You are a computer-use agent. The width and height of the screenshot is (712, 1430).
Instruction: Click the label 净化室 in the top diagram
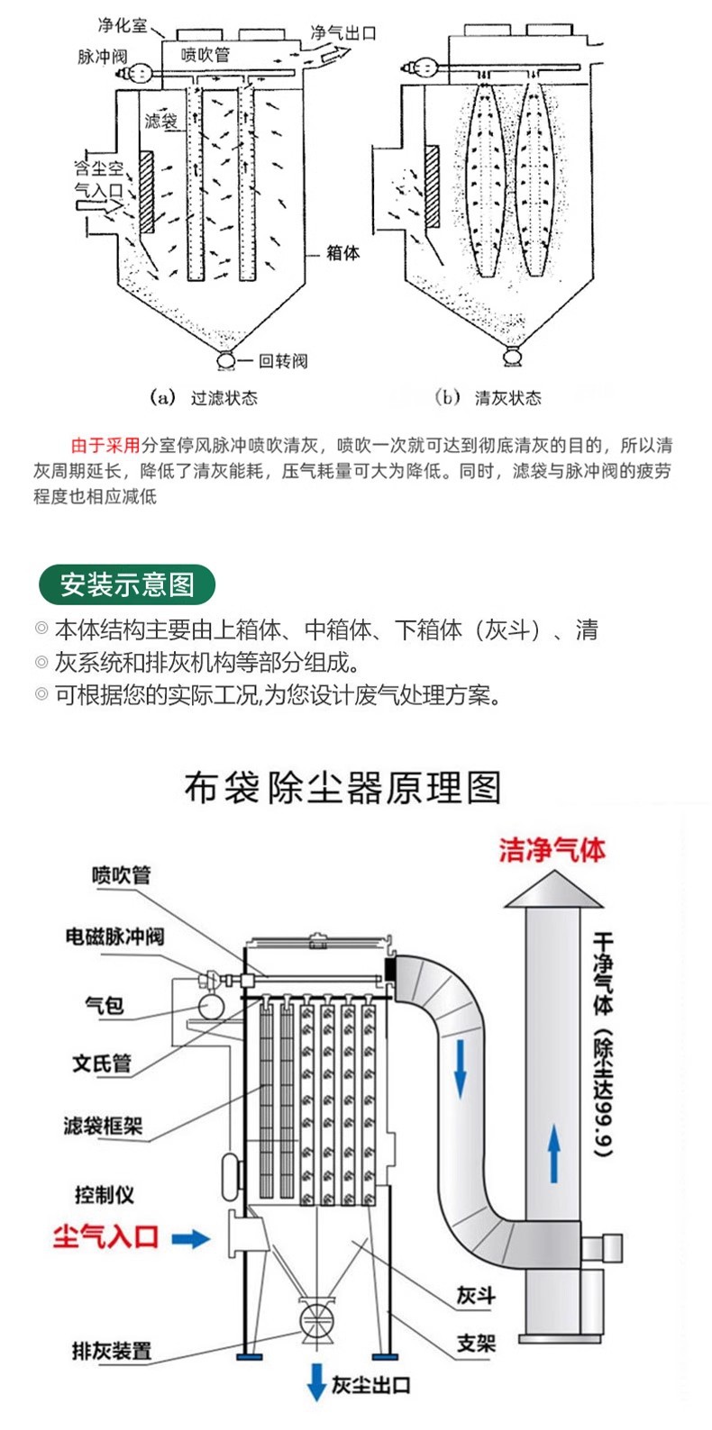coord(122,26)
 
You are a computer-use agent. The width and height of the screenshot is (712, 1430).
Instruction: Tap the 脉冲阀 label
coord(102,56)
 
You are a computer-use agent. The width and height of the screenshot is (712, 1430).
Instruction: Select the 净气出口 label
coord(342,33)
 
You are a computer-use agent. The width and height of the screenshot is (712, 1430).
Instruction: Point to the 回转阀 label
coord(283,361)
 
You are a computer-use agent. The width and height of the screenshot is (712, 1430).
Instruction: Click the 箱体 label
coord(342,253)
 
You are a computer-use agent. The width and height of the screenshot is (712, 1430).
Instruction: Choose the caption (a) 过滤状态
coord(205,397)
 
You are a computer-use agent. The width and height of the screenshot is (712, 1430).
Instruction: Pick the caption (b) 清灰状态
coord(488,397)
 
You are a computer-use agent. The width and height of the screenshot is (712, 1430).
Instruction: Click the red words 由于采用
coord(105,445)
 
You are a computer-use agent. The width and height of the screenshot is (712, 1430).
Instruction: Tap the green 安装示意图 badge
coord(127,584)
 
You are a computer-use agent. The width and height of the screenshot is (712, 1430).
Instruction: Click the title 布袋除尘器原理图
coord(342,788)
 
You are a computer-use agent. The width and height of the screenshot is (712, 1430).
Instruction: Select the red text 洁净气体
coord(552,850)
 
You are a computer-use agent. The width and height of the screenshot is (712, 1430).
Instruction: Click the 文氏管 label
coord(102,1063)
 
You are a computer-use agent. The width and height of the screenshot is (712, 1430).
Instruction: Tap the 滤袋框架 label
coord(103,1126)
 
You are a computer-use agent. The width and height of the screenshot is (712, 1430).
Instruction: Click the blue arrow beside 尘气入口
coord(190,1239)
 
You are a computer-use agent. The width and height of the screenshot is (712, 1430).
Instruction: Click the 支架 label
coord(476,1344)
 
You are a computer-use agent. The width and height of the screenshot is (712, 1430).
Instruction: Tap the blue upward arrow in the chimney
coord(553,1155)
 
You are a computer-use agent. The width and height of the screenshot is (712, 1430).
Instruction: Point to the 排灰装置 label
coord(112,1351)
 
